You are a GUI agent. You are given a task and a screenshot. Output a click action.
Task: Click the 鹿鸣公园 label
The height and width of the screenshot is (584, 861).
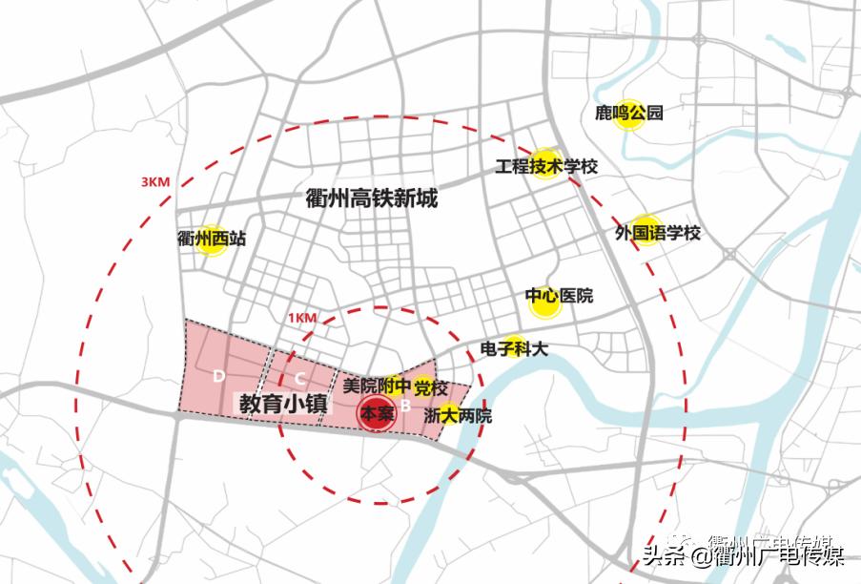[x=627, y=114]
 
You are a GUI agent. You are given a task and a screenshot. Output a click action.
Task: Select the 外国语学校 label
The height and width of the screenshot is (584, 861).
[x=658, y=232]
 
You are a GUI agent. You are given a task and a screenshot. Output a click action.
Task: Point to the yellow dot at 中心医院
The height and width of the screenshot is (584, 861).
[x=543, y=302]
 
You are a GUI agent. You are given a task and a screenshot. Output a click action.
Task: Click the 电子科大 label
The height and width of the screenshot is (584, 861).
[x=514, y=349]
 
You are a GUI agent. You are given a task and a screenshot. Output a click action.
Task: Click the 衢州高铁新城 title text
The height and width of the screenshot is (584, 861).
[x=373, y=198]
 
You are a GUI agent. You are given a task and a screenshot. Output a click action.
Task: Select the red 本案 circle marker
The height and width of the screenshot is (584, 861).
[x=371, y=415]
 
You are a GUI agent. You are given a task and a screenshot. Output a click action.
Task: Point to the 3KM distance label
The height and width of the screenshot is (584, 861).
[x=154, y=182]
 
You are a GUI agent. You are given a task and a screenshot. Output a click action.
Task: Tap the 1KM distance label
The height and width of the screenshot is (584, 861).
[x=300, y=317]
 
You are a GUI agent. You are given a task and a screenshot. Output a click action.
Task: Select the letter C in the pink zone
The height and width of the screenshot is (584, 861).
[x=298, y=376]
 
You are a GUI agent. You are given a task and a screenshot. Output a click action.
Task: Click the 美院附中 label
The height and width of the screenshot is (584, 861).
[x=377, y=386]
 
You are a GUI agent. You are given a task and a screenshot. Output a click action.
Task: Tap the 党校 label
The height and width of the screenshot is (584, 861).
[x=431, y=387]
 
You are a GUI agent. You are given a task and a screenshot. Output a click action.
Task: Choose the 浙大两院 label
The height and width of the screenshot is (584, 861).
[x=458, y=416]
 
